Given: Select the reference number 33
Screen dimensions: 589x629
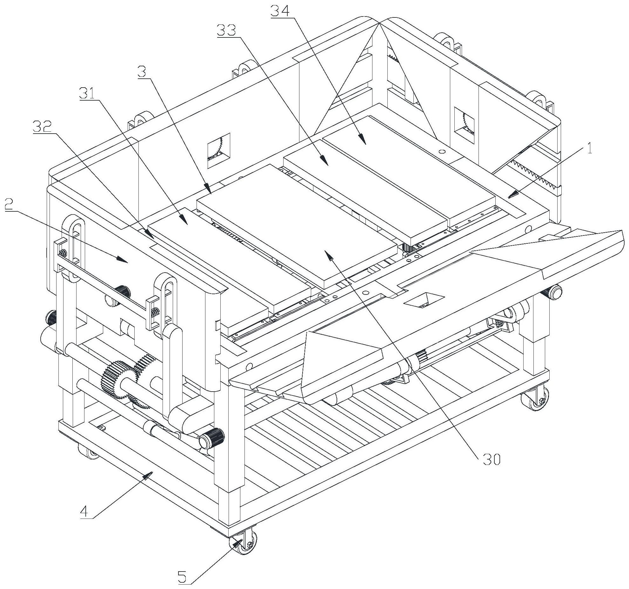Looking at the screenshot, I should coord(226,31).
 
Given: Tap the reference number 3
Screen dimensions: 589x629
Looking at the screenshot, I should coord(142,73).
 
